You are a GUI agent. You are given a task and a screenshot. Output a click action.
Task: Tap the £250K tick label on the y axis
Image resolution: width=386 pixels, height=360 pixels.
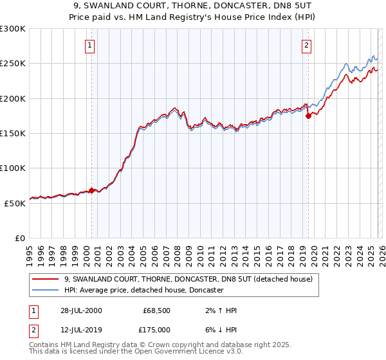pos(13,64)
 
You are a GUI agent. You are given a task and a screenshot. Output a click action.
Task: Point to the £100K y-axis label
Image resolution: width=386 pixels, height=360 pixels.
pos(13,168)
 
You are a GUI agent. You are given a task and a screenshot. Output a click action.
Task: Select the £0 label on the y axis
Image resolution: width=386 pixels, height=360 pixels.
pos(20,237)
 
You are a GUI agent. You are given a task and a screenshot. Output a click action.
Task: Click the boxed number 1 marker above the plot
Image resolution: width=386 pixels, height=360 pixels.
pos(89,45)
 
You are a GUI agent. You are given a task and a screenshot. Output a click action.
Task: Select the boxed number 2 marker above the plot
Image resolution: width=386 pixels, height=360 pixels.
pos(306,45)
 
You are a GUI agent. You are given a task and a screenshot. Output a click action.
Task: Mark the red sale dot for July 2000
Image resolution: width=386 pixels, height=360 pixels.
pos(92,190)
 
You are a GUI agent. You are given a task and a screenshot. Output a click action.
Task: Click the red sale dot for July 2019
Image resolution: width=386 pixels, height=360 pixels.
pos(308,116)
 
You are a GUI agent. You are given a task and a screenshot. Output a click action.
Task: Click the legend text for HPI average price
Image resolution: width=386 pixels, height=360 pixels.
pos(143,290)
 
